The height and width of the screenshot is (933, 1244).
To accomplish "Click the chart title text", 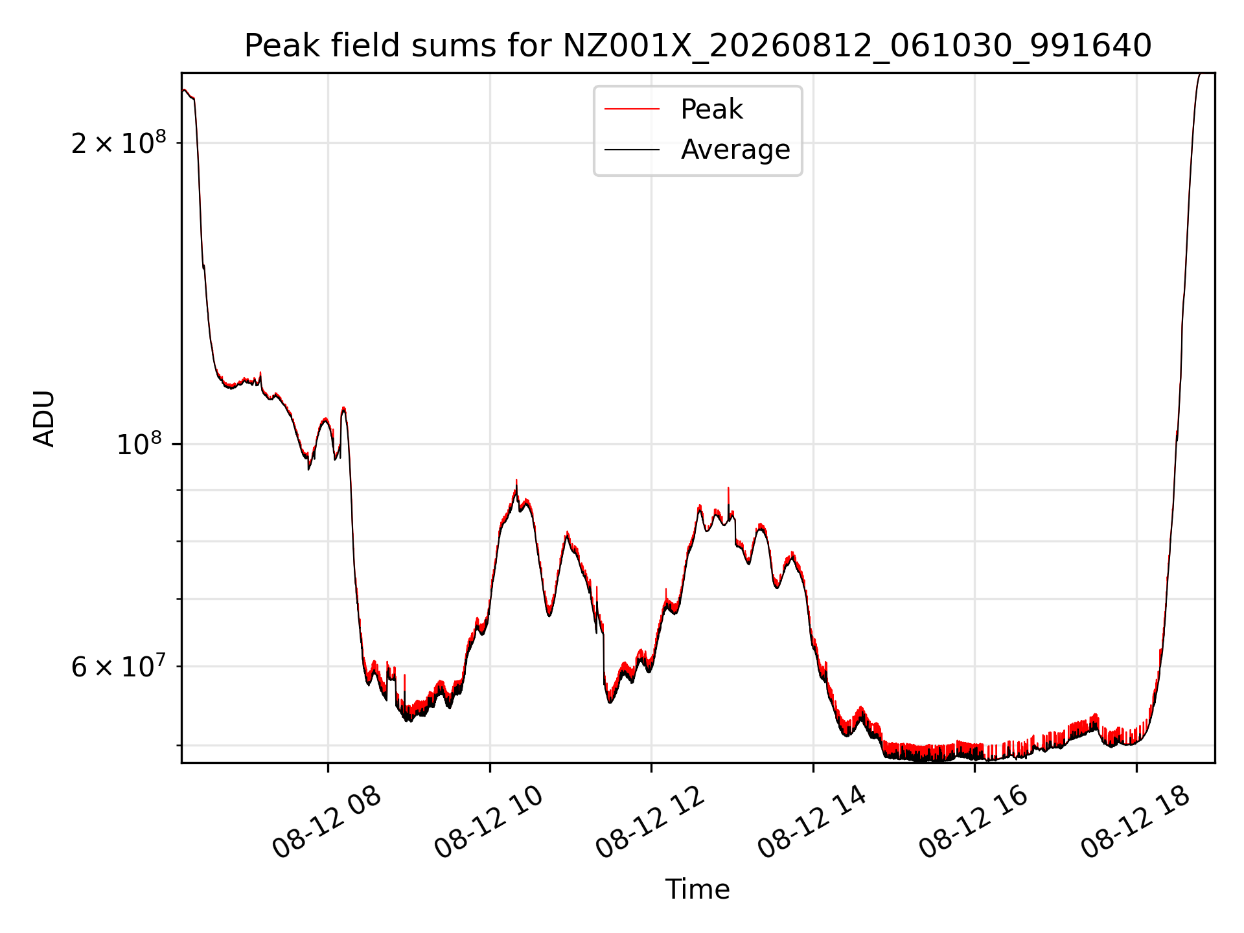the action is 698,46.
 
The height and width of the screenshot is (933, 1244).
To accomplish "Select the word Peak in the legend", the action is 711,109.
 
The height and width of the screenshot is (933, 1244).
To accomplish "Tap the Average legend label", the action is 735,150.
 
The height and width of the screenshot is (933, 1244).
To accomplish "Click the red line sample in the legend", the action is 632,109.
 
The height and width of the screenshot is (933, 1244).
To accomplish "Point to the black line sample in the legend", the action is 632,150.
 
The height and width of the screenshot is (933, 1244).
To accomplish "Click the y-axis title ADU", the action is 44,418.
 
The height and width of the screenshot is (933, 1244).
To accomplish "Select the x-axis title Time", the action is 698,890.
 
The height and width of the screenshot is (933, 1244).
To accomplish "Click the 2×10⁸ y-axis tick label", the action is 119,142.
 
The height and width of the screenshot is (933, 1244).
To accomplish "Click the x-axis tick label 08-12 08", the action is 327,823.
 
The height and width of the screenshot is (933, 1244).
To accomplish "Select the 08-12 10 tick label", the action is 489,823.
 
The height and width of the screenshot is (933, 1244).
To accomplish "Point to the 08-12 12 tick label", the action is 650,823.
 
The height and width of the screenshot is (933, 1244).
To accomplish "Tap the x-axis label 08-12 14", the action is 812,823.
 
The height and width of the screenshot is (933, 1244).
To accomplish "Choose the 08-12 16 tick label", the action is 973,823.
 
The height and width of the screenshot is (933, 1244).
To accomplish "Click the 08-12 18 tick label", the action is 1135,823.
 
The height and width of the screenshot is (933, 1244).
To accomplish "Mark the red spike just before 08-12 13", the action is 728,499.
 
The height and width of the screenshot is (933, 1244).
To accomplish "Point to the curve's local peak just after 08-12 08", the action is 343,408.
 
